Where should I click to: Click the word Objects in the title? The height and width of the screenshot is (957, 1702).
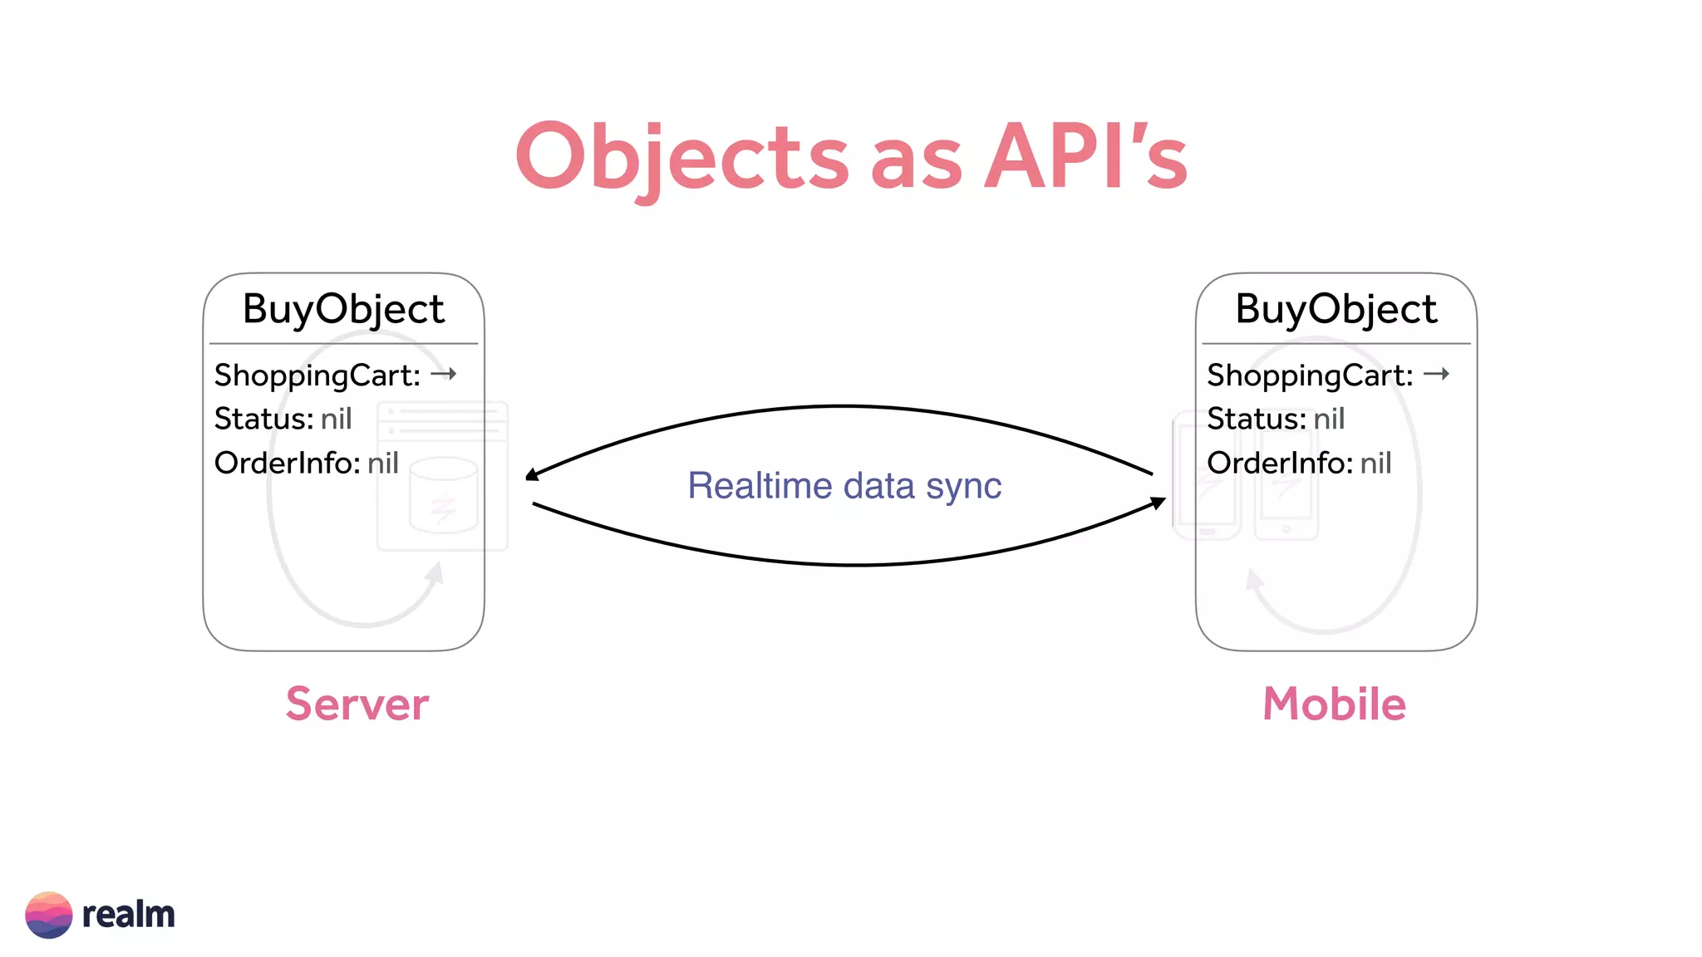[681, 158]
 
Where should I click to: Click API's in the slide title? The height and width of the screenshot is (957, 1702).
[1086, 158]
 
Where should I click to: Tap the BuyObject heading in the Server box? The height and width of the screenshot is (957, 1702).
[343, 309]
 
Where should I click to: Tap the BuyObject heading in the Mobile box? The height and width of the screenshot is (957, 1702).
[1336, 309]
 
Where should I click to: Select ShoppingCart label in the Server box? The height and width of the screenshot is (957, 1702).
[317, 375]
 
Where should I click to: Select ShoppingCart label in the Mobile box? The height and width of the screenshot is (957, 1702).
[1309, 375]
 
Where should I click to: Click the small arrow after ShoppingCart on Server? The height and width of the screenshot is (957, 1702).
[444, 374]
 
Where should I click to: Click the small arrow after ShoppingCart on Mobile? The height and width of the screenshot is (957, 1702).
[1436, 374]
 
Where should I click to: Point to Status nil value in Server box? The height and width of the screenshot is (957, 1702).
[337, 419]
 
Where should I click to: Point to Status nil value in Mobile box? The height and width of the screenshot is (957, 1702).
[1329, 419]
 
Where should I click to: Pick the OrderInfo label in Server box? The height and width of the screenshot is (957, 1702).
[287, 463]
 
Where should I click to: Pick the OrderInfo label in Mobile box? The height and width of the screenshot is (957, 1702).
[1279, 463]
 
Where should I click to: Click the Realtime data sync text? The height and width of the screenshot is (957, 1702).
[844, 486]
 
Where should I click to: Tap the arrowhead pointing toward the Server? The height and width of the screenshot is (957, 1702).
[532, 474]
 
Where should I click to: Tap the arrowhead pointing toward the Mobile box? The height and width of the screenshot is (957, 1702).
[1158, 503]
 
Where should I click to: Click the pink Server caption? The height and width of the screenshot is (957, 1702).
[357, 704]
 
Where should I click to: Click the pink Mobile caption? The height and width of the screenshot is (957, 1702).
[1334, 704]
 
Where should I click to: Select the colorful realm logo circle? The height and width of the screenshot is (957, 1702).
[48, 915]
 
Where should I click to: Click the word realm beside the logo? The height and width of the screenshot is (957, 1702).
[129, 915]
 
